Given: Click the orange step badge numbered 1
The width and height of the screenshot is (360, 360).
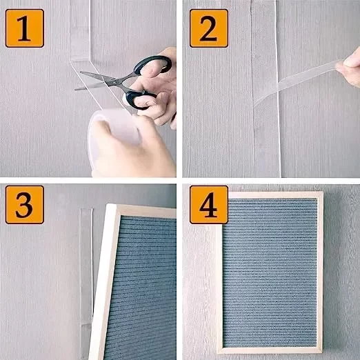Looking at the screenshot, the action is click(x=25, y=28).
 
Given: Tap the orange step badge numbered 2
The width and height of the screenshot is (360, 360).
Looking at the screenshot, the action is click(x=209, y=28).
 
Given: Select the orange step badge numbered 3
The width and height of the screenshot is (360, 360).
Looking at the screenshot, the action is click(x=25, y=205).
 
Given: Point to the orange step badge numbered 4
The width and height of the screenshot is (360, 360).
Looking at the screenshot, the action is click(x=209, y=205).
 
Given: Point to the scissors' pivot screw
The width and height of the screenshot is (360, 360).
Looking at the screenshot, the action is click(x=112, y=82).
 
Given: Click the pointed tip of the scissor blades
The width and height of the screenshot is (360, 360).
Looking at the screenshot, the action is click(x=75, y=89).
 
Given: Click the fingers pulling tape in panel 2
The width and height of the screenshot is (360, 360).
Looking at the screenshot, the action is click(x=348, y=67).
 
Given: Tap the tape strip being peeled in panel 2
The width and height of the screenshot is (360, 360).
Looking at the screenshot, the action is click(x=297, y=83).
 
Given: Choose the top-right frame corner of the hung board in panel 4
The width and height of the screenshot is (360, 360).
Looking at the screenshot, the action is click(x=323, y=192).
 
